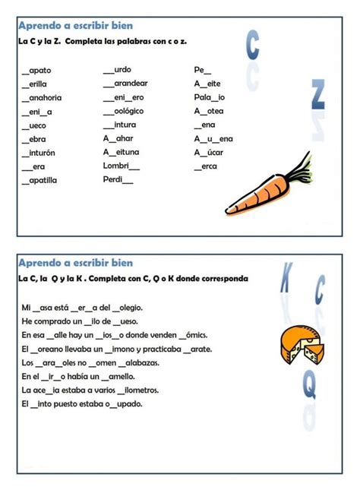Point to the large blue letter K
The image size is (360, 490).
click(286, 278)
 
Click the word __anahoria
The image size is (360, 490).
click(42, 98)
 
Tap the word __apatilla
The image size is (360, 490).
click(39, 180)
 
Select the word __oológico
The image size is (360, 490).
click(122, 112)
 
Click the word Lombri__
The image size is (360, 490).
click(122, 166)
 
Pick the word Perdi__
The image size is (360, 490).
click(118, 179)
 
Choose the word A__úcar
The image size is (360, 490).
click(208, 152)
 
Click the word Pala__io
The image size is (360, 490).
click(209, 98)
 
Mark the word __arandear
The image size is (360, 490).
click(125, 84)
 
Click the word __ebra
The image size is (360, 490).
click(34, 139)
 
